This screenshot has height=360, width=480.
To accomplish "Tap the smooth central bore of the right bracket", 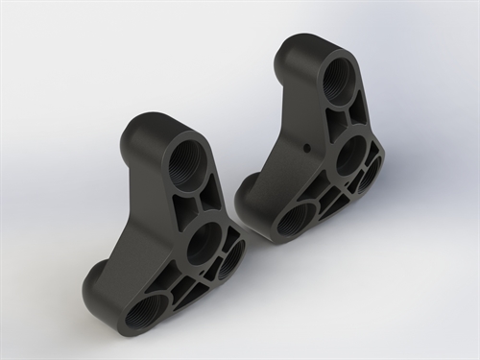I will click(351, 154).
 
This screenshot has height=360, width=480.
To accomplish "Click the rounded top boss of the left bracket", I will click(154, 130).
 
